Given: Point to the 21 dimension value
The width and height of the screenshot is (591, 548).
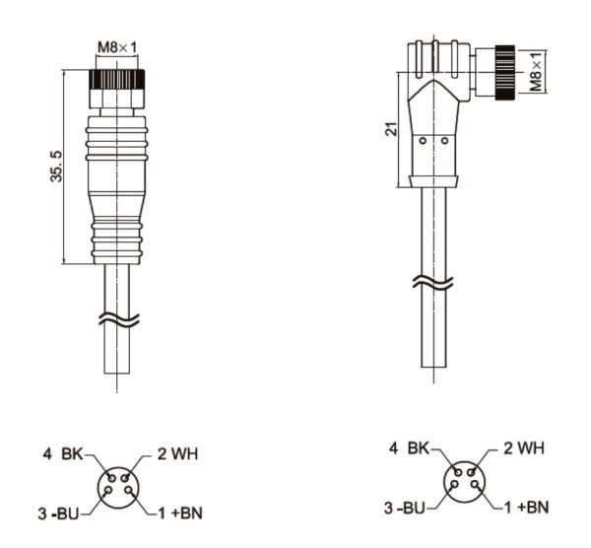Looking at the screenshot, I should point(392,129).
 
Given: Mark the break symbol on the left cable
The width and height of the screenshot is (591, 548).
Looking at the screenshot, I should point(118,319).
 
